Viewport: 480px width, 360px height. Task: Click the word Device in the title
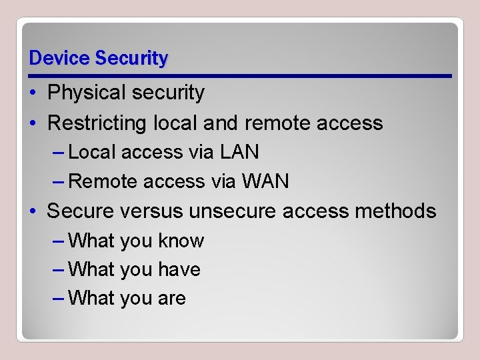[x=60, y=59]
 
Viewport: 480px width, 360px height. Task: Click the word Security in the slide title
[x=131, y=59]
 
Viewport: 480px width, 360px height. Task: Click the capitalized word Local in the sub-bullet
[x=93, y=153]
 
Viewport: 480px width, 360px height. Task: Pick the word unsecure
[x=233, y=211]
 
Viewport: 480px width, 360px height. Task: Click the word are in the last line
[x=172, y=299]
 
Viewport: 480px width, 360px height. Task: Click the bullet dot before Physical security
[x=33, y=93]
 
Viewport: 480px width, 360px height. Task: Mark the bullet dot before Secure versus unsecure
[x=33, y=212]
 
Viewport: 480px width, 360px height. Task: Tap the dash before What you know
[x=58, y=241]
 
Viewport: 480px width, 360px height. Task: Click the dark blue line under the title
[x=240, y=76]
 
